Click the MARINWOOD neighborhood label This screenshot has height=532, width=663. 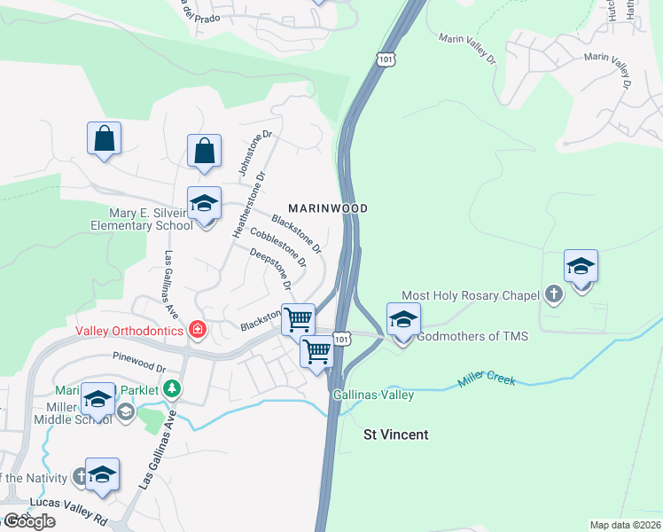click(328, 207)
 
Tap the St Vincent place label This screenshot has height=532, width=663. click(396, 434)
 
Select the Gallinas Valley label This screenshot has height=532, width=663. click(373, 395)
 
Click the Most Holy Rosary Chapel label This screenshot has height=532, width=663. click(471, 295)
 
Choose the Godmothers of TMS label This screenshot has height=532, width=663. click(472, 336)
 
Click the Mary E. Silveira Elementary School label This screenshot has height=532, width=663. click(142, 219)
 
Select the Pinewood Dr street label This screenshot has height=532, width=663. click(139, 363)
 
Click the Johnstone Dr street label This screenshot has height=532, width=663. click(245, 152)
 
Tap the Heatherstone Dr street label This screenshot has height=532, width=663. click(249, 204)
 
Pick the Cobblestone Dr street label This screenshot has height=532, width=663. click(278, 247)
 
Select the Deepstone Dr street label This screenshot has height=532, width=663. click(271, 270)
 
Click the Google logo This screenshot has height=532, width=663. click(28, 521)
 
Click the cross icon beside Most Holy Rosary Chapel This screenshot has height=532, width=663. click(554, 293)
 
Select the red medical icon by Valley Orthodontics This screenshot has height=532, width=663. click(198, 331)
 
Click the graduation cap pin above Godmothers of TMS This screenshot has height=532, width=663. click(403, 320)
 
